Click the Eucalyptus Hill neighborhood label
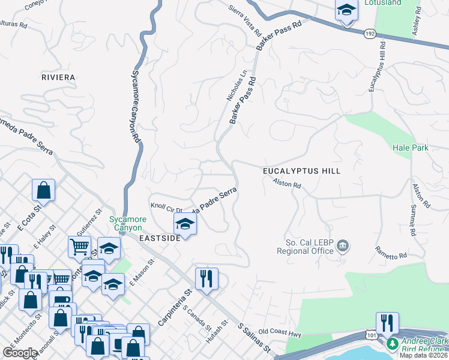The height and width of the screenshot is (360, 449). tap(301, 171)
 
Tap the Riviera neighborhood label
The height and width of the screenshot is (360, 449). tap(58, 77)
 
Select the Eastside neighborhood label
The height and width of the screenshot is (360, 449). tap(160, 238)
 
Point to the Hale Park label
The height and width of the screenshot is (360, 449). tap(411, 148)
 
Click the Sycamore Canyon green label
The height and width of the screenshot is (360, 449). tap(126, 223)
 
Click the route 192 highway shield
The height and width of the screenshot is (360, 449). tap(369, 35)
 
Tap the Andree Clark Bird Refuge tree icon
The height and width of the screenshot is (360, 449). tap(392, 343)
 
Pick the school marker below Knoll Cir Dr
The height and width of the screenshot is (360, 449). tap(185, 225)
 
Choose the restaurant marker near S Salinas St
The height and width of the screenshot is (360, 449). tap(206, 278)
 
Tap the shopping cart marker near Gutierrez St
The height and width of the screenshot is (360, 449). tap(79, 246)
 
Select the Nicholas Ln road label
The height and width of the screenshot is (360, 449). tap(237, 86)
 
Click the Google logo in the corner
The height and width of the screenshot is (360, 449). tap(20, 353)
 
